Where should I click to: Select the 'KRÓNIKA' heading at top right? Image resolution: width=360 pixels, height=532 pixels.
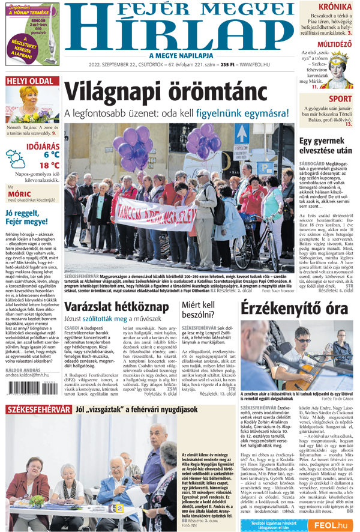point(334,7)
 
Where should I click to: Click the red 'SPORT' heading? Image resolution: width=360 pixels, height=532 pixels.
point(340,99)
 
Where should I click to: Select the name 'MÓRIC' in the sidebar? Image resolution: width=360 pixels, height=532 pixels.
point(20,194)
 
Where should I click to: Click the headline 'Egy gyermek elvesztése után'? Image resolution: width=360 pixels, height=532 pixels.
point(325,147)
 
